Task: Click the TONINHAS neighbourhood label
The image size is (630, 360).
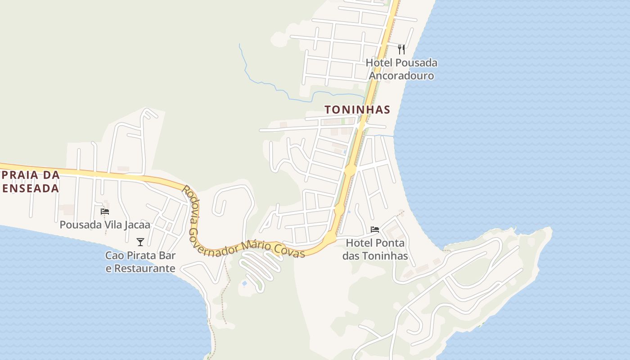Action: (x=357, y=109)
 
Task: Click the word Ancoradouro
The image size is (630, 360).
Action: (x=401, y=76)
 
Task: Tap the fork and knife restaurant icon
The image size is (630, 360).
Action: (x=401, y=49)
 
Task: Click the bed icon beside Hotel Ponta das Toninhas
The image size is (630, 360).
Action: (x=374, y=229)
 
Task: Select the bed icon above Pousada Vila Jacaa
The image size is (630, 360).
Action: (x=105, y=211)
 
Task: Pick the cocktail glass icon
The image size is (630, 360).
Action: (x=140, y=242)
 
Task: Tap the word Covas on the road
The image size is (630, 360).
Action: (x=293, y=252)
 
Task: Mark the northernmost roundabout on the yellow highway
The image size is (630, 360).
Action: (x=350, y=171)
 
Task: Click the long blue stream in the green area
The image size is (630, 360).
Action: (x=270, y=85)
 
